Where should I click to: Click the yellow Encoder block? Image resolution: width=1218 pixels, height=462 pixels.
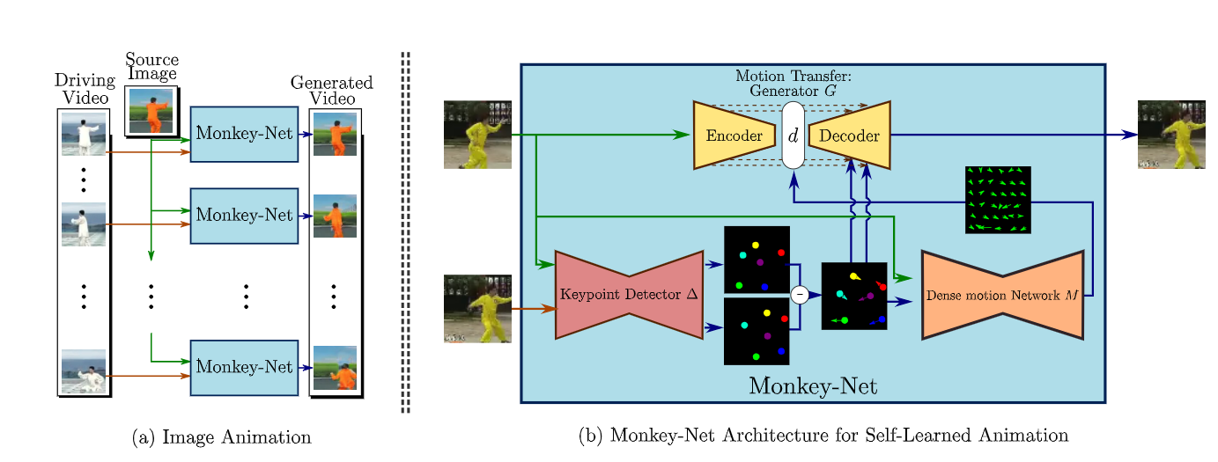[x=734, y=136]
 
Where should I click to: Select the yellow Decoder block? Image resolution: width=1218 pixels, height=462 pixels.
[x=849, y=136]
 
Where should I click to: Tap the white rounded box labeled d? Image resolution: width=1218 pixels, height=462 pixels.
[x=794, y=136]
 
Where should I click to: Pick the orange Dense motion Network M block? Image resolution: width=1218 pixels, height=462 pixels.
[x=1002, y=296]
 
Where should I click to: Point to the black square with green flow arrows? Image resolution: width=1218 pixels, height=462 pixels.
[x=998, y=200]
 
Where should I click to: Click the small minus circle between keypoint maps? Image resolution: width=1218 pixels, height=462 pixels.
[x=800, y=295]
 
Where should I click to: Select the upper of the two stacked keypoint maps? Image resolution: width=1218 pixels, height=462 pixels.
[x=757, y=260]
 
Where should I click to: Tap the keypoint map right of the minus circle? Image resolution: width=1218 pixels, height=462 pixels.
[x=853, y=297]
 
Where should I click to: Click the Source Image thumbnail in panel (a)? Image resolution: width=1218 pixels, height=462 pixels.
[x=151, y=111]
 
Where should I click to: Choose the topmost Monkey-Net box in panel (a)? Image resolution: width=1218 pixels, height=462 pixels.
[x=244, y=134]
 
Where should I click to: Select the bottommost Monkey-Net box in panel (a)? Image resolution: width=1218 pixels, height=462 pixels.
[x=244, y=367]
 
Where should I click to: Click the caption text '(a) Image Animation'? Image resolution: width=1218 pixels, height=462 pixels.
[x=221, y=437]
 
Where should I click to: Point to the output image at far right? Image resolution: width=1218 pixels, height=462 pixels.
[x=1171, y=135]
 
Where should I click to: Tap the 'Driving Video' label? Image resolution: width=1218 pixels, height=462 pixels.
[x=85, y=89]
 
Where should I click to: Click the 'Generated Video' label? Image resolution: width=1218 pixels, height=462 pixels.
[x=332, y=90]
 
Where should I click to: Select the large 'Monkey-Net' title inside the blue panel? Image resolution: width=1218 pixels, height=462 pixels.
[x=813, y=386]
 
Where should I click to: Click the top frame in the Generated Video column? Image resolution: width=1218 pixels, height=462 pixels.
[x=335, y=134]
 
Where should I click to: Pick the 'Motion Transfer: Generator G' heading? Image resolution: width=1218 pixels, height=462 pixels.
[x=793, y=83]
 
